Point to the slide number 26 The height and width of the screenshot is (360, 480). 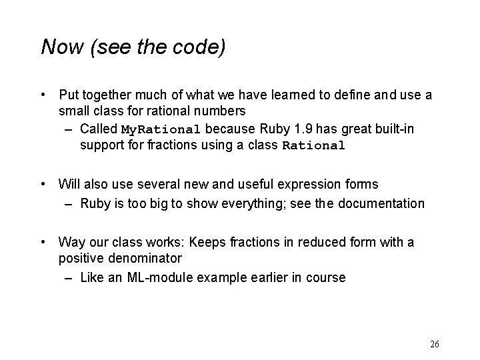coord(435,344)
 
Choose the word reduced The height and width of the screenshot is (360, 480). coord(299,242)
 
